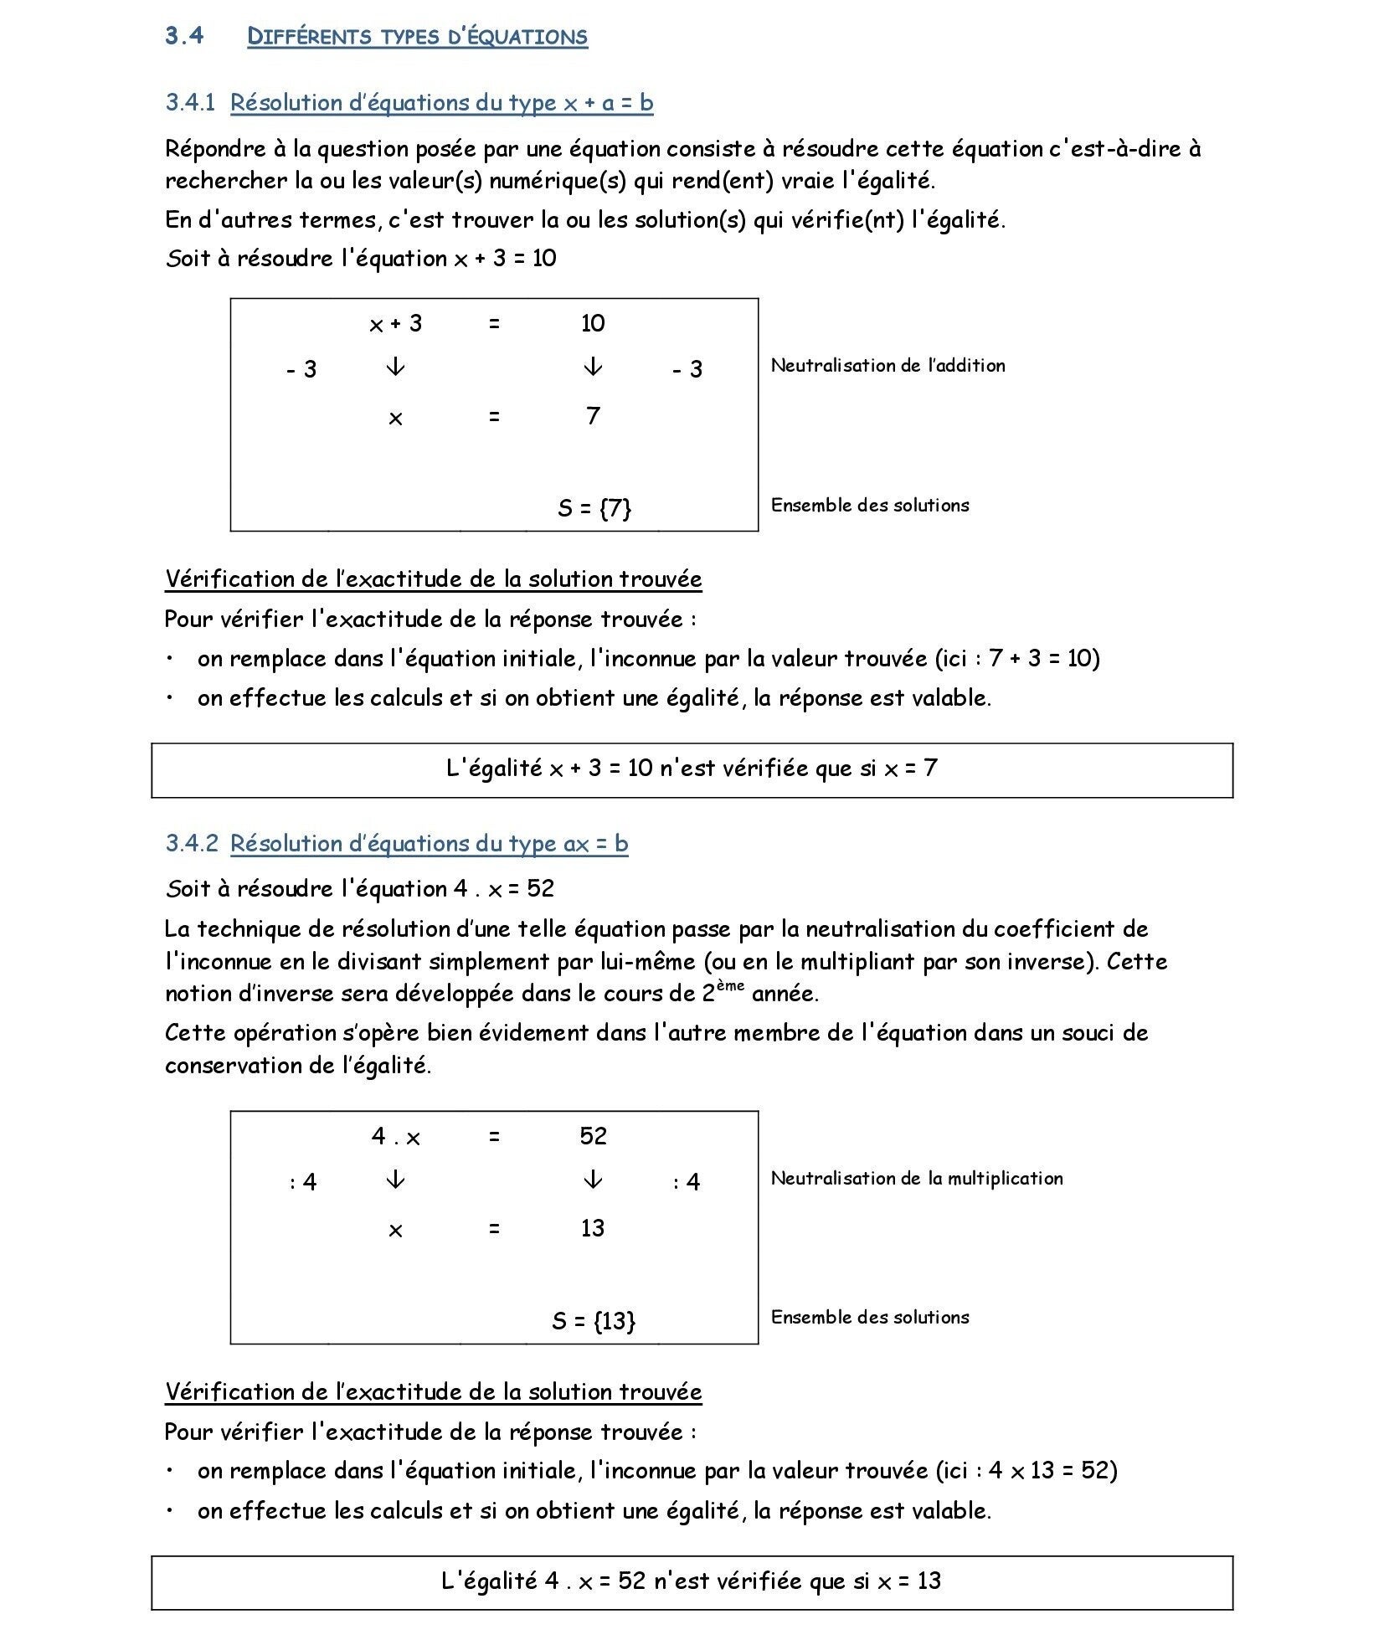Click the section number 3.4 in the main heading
tap(184, 36)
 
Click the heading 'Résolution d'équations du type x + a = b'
tap(441, 103)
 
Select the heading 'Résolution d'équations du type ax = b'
tap(429, 844)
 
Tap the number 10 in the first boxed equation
tap(593, 324)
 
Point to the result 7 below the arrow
tap(593, 416)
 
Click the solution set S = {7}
tap(594, 508)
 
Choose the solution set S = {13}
tap(594, 1321)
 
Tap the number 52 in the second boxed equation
tap(593, 1136)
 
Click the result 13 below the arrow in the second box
tap(593, 1228)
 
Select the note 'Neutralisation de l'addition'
tap(888, 366)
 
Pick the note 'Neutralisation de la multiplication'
tap(917, 1179)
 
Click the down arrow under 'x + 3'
tap(395, 368)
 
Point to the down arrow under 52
tap(592, 1180)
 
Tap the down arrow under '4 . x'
tap(395, 1180)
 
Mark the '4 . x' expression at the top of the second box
tap(395, 1137)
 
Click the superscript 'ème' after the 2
tap(730, 986)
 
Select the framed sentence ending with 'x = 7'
tap(692, 769)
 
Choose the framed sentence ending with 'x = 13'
tap(692, 1581)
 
